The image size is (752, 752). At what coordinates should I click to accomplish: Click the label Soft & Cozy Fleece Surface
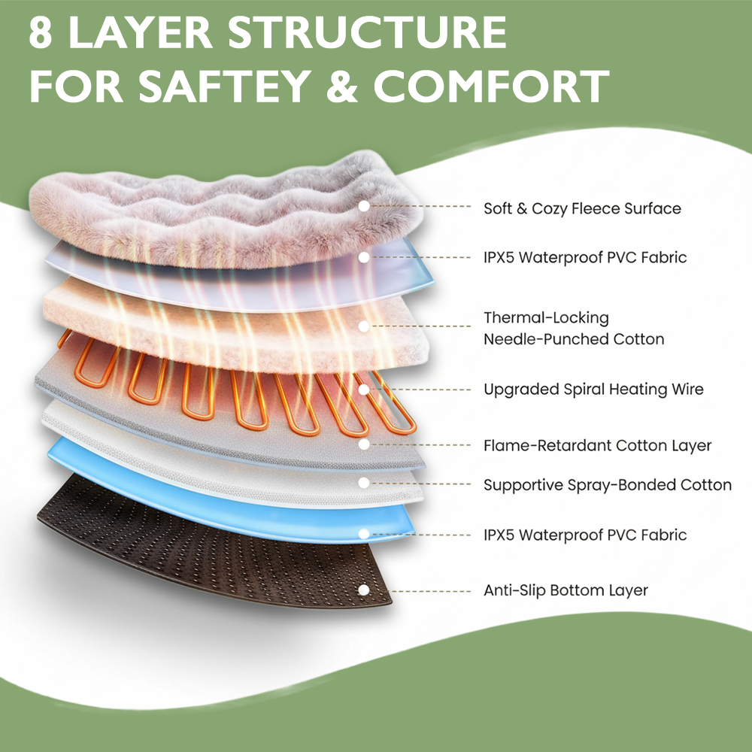click(x=582, y=208)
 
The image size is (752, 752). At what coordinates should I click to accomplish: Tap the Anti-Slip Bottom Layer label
click(x=566, y=590)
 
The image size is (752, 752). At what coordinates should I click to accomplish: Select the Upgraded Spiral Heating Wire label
click(x=593, y=390)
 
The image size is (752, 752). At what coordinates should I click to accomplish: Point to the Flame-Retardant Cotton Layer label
click(x=597, y=445)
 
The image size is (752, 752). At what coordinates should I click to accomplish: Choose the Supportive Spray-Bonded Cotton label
click(x=607, y=485)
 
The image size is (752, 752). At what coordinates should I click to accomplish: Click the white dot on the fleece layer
click(x=364, y=205)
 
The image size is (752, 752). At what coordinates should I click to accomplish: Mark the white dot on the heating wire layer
click(x=364, y=390)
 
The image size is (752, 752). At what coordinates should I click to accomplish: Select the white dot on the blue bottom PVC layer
click(x=364, y=534)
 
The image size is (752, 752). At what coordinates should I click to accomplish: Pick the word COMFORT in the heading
click(x=491, y=86)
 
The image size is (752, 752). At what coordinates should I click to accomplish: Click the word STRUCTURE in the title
click(x=366, y=32)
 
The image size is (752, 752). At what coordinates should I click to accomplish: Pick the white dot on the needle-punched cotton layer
click(x=364, y=326)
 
